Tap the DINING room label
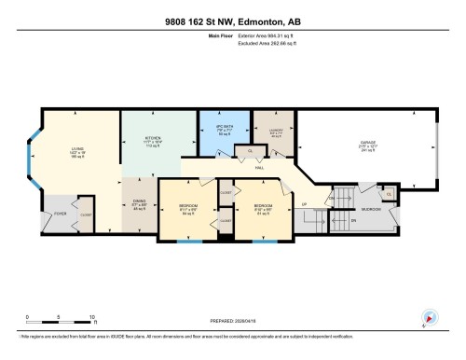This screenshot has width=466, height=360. (x=137, y=203)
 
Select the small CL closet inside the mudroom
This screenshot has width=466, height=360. (x=390, y=194)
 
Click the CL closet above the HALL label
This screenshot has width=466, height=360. (x=250, y=151)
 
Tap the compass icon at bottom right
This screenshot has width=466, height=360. (x=428, y=317)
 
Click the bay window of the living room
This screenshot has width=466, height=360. (x=34, y=168)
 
